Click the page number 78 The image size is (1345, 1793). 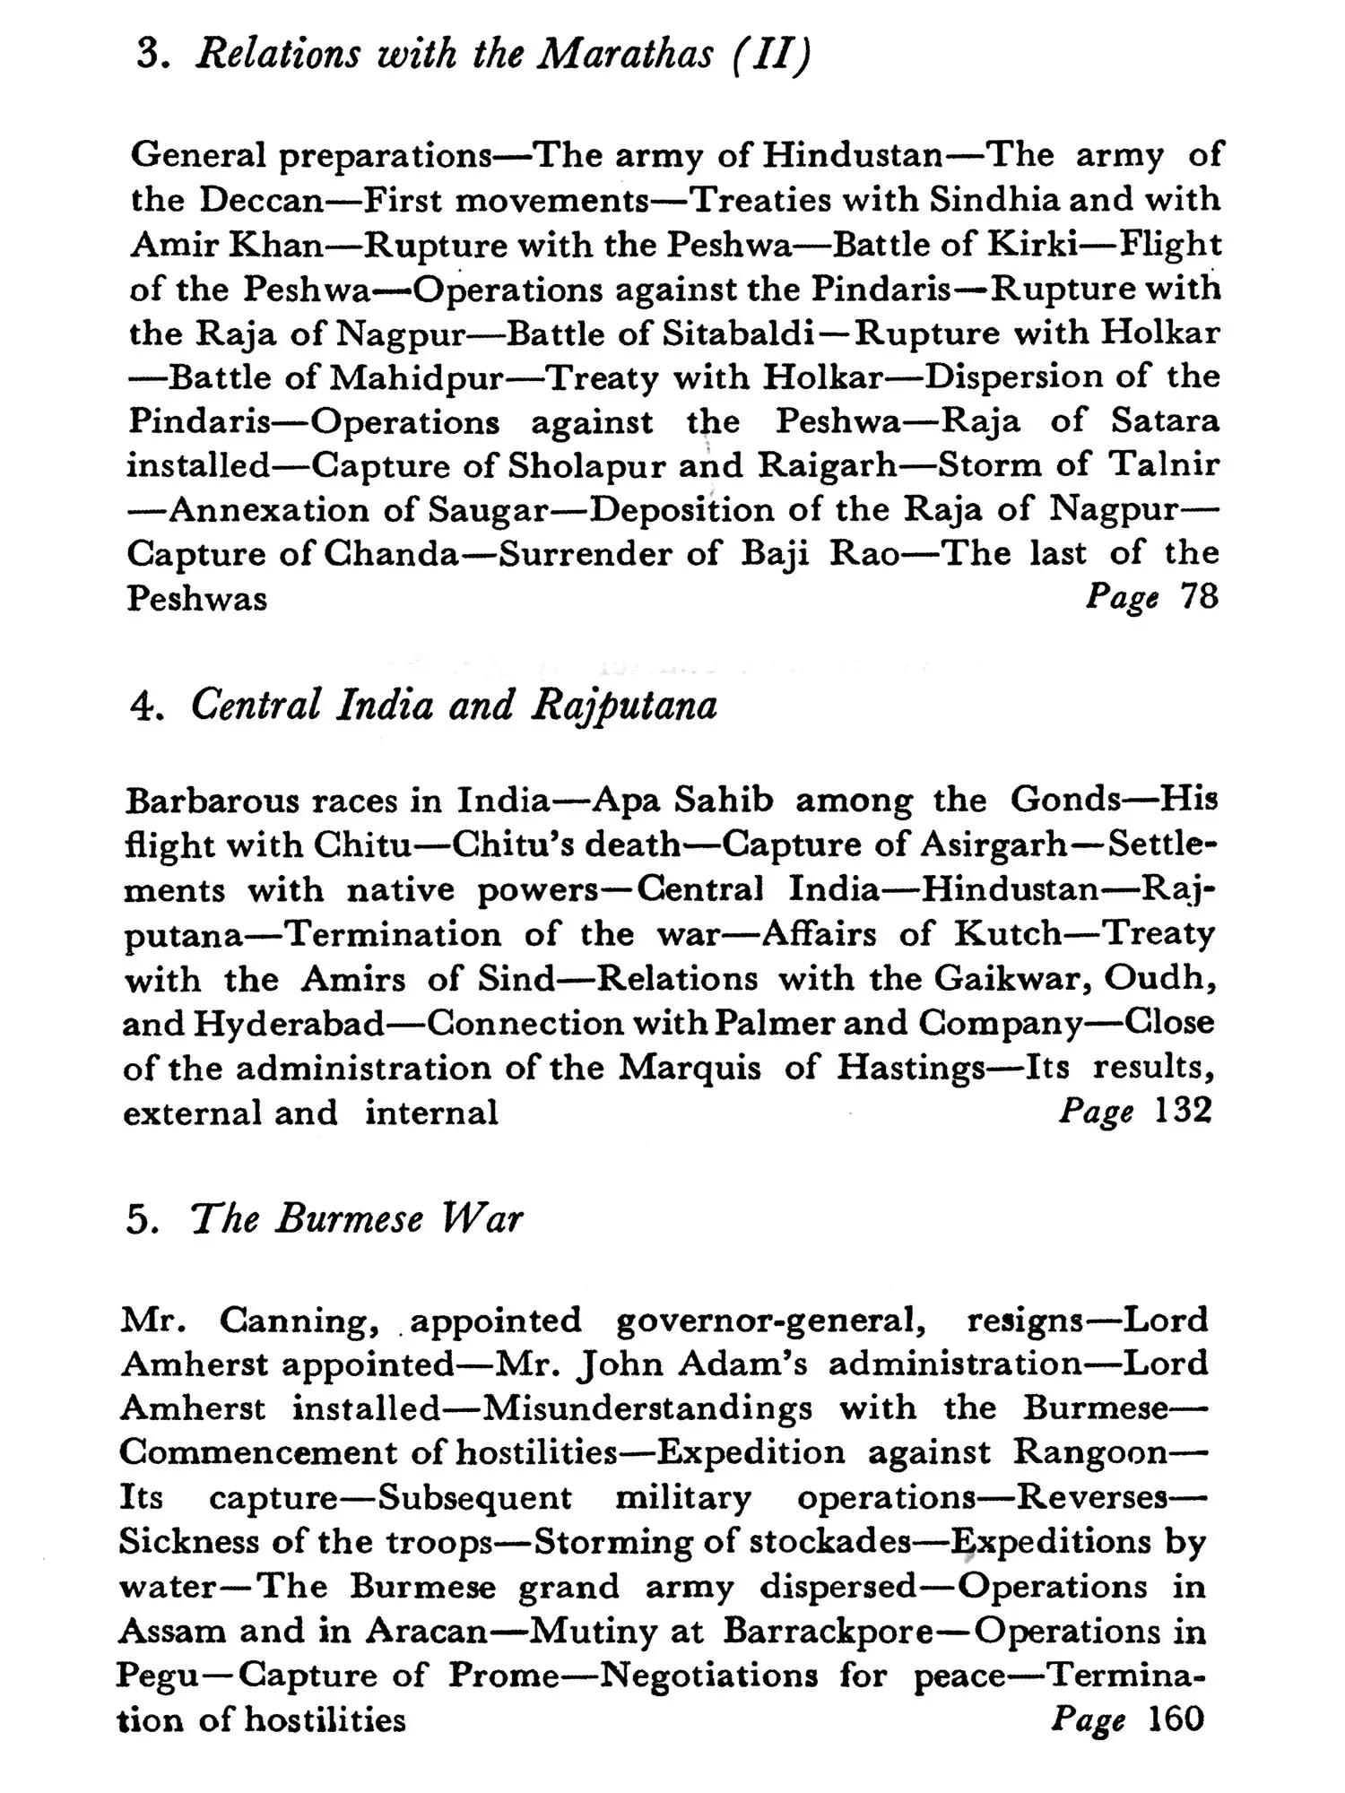[1199, 596]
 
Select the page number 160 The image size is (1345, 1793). [1176, 1719]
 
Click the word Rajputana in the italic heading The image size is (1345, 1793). [625, 706]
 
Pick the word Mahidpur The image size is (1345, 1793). [418, 377]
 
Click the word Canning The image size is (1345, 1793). [294, 1321]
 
